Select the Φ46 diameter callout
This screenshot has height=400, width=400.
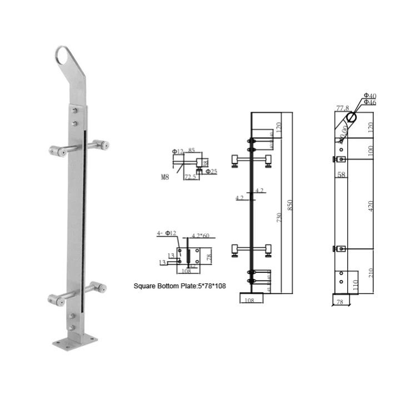pos(370,103)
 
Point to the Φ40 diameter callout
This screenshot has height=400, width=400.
pos(370,97)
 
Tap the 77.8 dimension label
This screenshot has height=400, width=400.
pos(342,108)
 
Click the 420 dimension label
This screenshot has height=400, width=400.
pos(371,205)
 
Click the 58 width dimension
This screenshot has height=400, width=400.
pos(341,174)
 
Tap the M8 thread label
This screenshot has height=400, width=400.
pos(166,178)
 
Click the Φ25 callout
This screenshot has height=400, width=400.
pos(211,171)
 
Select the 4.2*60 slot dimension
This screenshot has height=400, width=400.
pos(199,236)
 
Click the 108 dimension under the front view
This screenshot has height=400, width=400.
pos(249,300)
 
